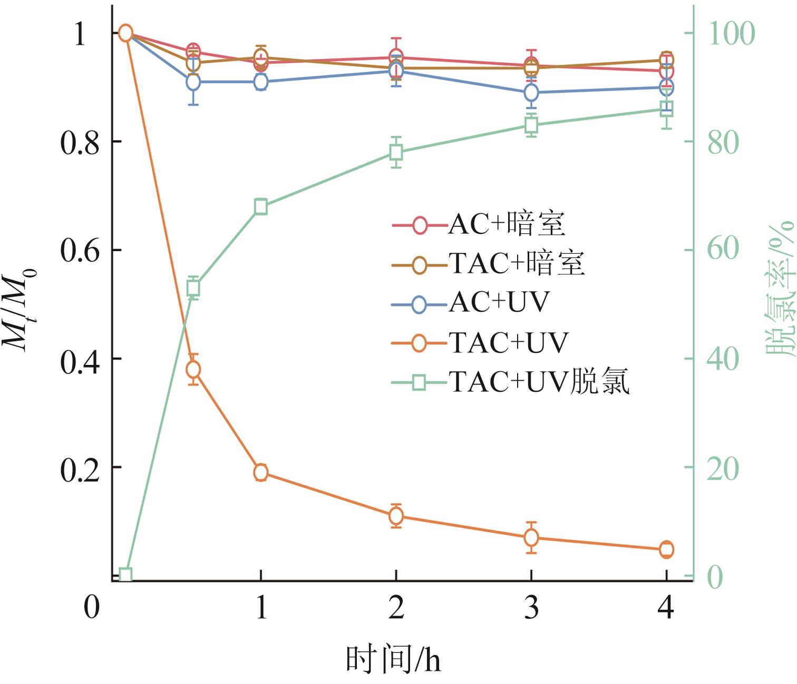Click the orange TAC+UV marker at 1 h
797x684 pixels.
pyautogui.click(x=261, y=472)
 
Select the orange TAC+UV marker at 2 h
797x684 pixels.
pyautogui.click(x=396, y=516)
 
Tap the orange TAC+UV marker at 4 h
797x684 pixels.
pyautogui.click(x=666, y=549)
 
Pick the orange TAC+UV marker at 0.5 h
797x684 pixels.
pyautogui.click(x=193, y=369)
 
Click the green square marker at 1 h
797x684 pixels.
pyautogui.click(x=261, y=207)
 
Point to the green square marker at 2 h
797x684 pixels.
pyautogui.click(x=396, y=153)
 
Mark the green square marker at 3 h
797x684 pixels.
pyautogui.click(x=531, y=125)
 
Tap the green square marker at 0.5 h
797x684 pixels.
pyautogui.click(x=193, y=288)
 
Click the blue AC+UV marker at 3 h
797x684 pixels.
pyautogui.click(x=531, y=93)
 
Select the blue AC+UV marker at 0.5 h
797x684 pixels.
pyautogui.click(x=193, y=82)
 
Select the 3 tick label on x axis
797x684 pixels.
pyautogui.click(x=531, y=608)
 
